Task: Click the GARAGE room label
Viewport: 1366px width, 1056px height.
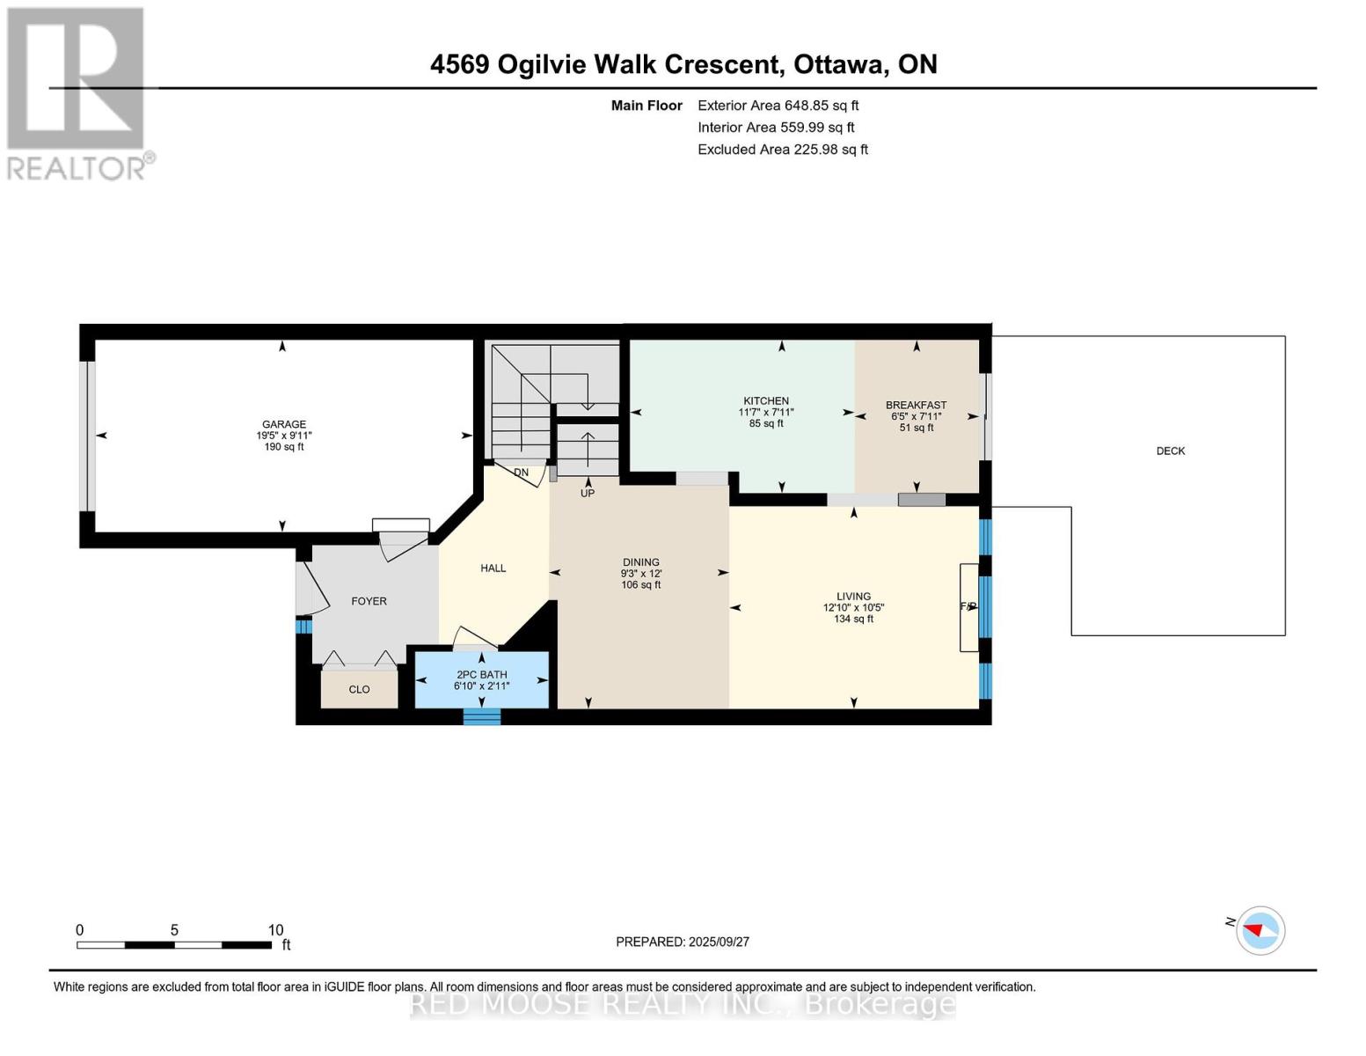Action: coord(284,424)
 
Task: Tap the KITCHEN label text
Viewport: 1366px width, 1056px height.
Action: coord(765,400)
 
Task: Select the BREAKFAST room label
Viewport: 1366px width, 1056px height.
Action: coord(916,405)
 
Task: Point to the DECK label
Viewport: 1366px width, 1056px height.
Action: coord(1171,451)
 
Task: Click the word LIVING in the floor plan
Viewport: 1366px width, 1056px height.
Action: coord(854,597)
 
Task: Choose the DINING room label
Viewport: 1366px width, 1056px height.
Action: coord(641,562)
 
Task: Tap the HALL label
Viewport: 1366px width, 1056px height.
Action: coord(493,568)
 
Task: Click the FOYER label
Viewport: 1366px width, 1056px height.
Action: coord(369,601)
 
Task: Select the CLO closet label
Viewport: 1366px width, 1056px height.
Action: coord(360,689)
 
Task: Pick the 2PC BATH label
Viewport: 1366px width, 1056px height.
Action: coord(481,675)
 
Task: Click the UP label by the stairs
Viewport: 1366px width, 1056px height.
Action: coord(588,493)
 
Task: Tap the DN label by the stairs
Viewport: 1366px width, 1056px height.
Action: coord(521,473)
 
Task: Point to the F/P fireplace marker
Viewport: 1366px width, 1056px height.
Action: coord(968,606)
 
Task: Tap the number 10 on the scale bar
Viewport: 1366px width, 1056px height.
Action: coord(276,929)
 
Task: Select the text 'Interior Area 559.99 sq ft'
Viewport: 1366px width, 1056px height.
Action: coord(776,127)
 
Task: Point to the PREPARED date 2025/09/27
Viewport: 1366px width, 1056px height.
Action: coord(719,942)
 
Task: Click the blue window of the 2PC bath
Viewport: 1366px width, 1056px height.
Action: coord(482,717)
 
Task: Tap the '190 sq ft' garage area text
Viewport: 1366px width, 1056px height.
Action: coord(284,446)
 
